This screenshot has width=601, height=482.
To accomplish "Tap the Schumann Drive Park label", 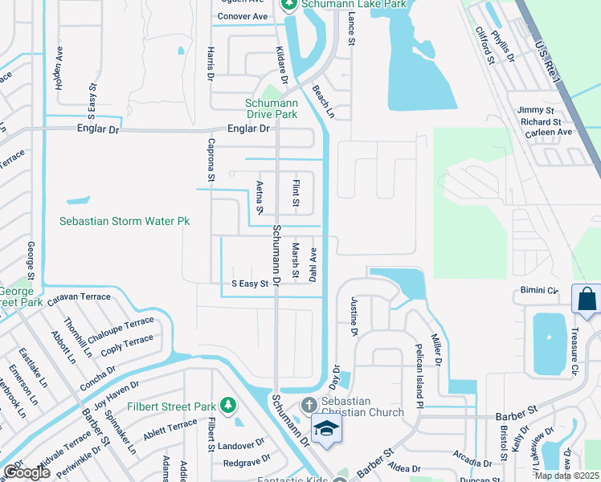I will (x=272, y=108).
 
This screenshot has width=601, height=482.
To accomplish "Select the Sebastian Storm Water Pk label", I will (x=125, y=221).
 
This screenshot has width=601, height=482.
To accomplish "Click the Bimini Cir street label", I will (x=538, y=289).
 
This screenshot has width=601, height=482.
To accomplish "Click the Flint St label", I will (x=296, y=193).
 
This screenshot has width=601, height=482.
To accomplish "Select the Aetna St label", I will (x=260, y=197).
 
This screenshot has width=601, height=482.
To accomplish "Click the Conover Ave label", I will (x=242, y=16).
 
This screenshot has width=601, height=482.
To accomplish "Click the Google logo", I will (x=27, y=472).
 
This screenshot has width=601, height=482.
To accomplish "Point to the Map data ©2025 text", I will (x=566, y=476).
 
